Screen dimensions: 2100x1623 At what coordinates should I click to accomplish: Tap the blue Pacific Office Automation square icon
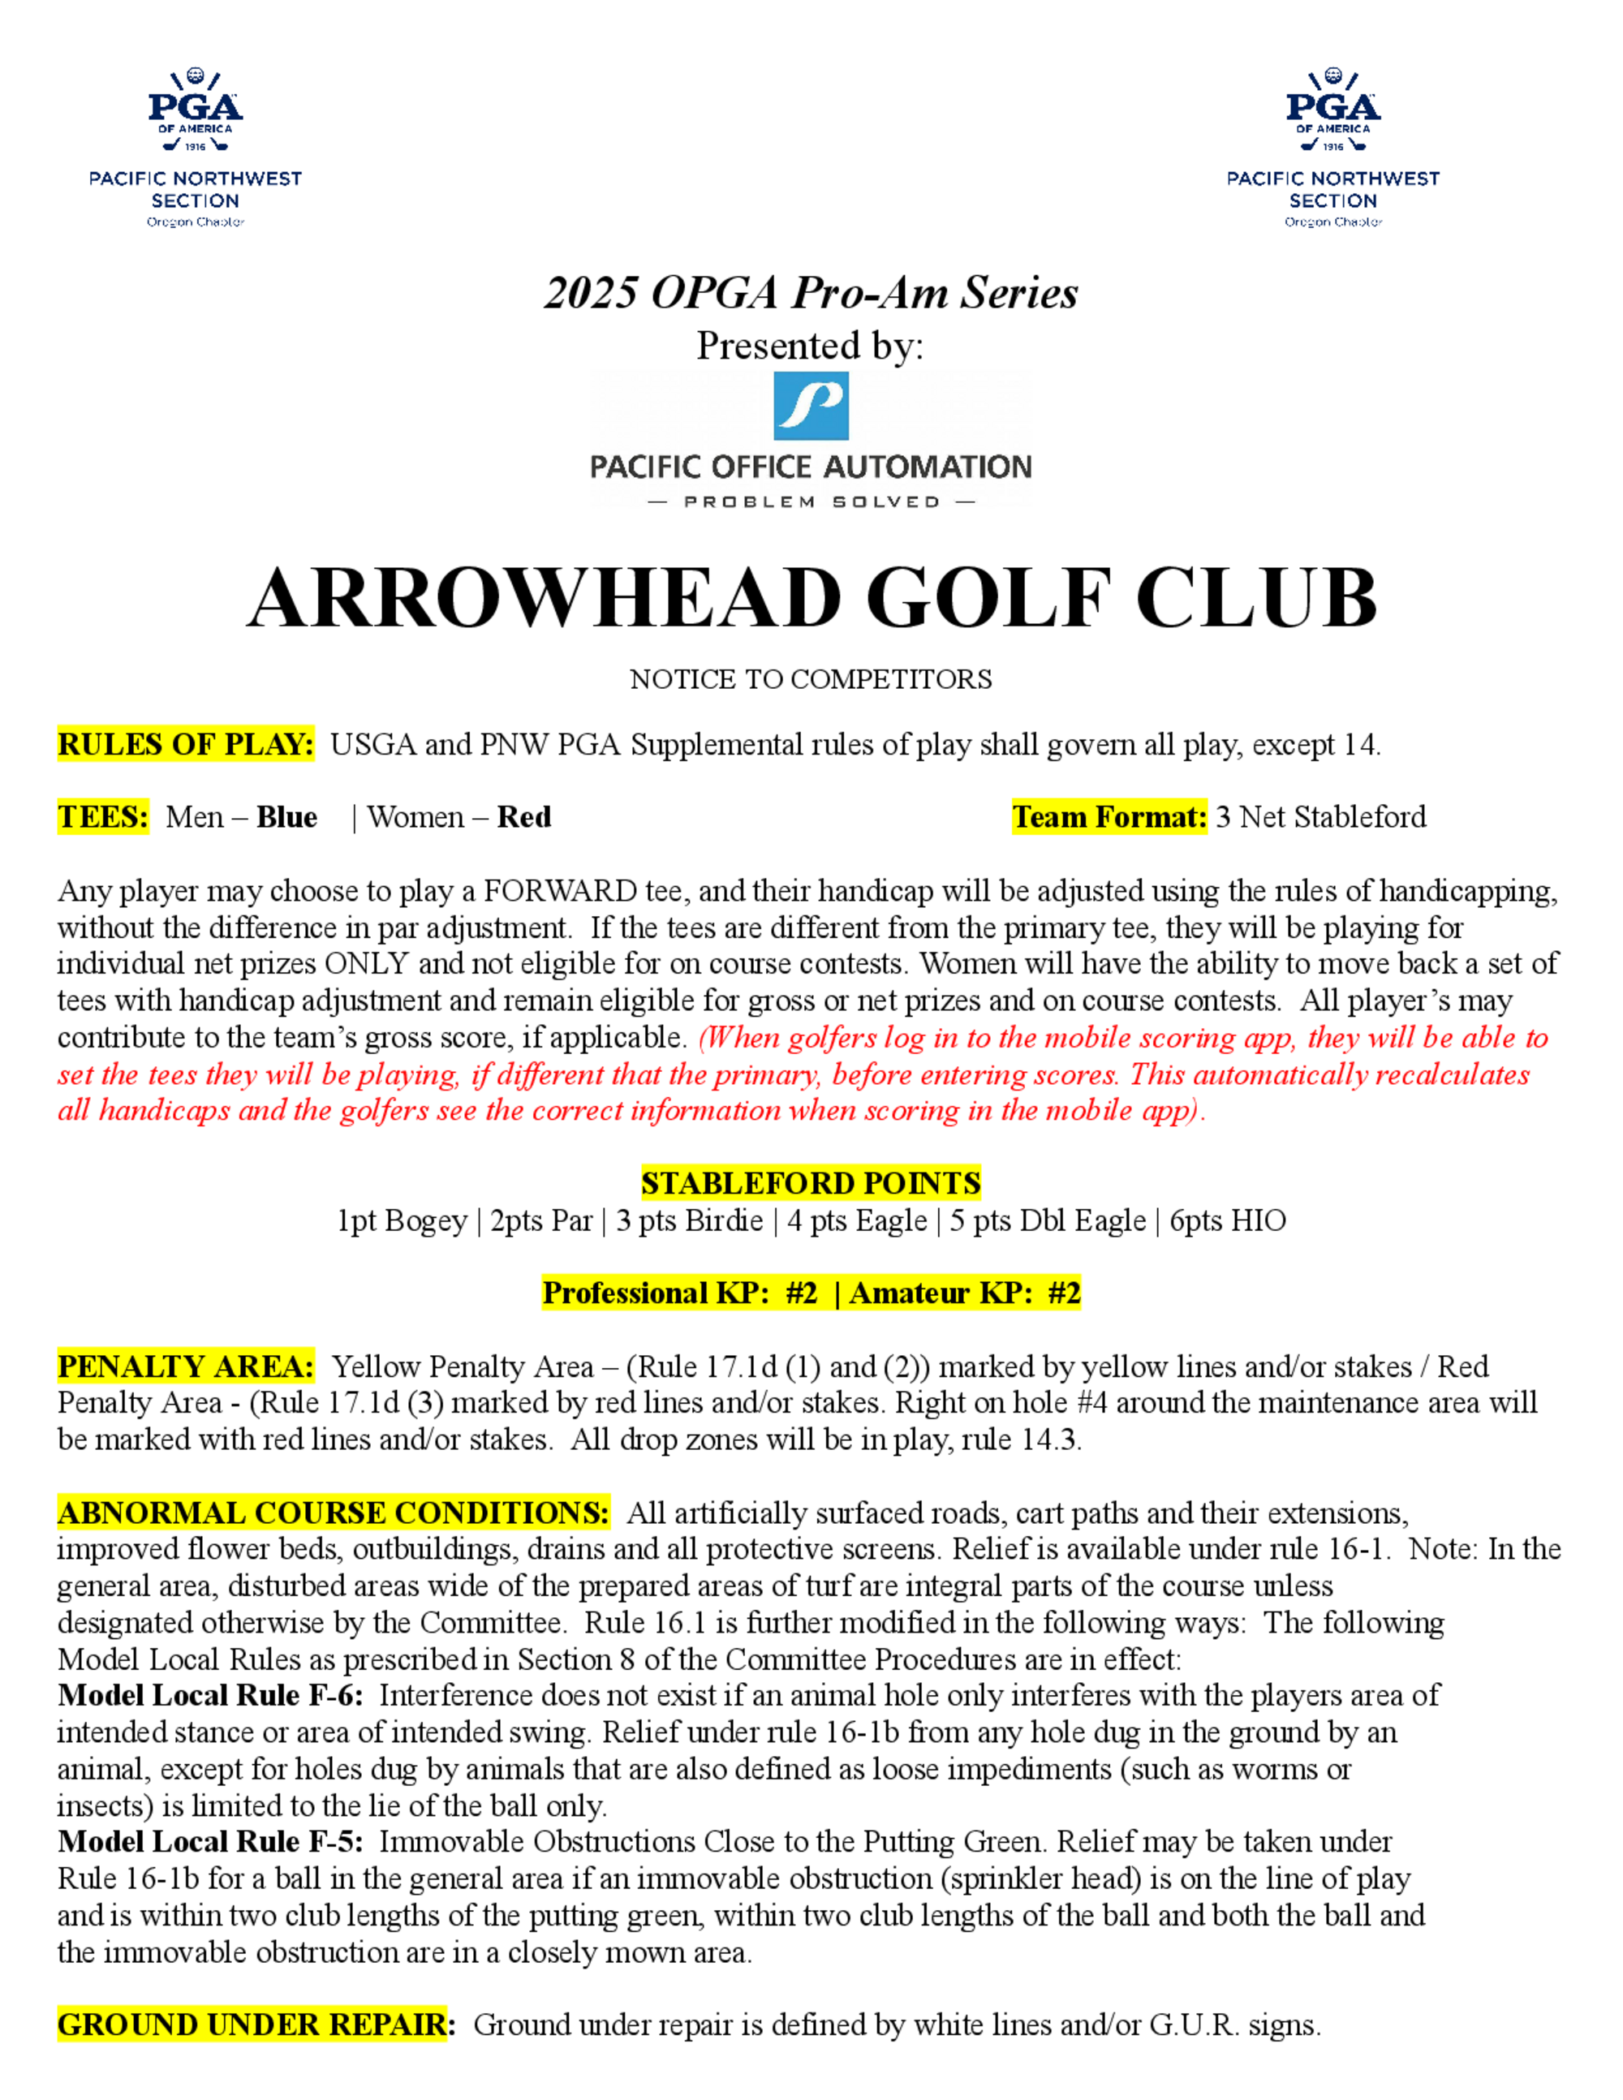coord(811,406)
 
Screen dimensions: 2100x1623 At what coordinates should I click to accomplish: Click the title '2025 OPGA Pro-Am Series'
coord(811,292)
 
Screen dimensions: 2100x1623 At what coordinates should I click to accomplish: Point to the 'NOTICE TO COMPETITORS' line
coord(811,680)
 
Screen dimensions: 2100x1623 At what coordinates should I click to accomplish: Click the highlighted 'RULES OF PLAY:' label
coord(186,745)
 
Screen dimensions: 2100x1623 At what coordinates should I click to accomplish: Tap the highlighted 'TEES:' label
coord(103,817)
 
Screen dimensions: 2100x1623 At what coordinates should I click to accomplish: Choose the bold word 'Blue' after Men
coord(286,817)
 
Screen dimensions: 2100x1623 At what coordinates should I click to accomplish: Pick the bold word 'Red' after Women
coord(524,817)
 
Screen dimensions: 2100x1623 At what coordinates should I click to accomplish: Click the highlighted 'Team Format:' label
coord(1109,817)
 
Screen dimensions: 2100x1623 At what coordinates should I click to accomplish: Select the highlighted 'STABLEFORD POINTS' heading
coord(811,1183)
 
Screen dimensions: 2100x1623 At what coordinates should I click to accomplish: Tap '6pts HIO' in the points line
coord(1227,1221)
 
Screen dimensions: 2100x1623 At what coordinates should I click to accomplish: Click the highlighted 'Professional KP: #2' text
coord(680,1293)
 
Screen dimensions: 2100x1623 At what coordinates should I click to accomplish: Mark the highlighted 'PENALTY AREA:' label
coord(186,1366)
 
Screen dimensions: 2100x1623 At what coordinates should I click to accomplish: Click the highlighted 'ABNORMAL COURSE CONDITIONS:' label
coord(333,1513)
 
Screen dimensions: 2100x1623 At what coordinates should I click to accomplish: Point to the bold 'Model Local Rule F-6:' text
coord(209,1695)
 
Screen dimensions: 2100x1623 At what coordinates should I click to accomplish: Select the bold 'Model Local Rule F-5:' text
coord(209,1841)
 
